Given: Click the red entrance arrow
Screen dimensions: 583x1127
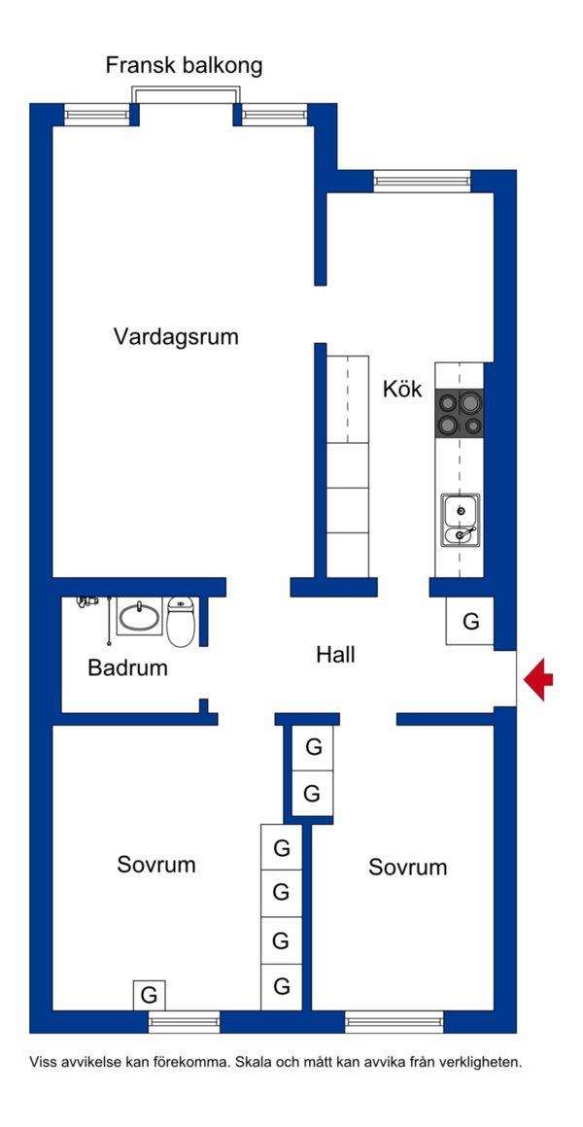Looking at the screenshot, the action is pyautogui.click(x=538, y=678).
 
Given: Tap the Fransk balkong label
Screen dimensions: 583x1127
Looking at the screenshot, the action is pyautogui.click(x=184, y=66).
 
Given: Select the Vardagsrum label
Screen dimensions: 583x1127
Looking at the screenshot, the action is pyautogui.click(x=176, y=336).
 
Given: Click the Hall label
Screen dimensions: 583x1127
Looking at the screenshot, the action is pyautogui.click(x=335, y=655).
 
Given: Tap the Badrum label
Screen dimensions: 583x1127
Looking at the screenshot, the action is pyautogui.click(x=128, y=667).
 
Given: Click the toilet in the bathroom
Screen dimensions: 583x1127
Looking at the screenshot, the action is pyautogui.click(x=181, y=620).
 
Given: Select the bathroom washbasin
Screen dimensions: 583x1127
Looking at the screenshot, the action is pyautogui.click(x=140, y=617).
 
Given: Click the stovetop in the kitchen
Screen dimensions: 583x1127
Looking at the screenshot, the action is pyautogui.click(x=459, y=413).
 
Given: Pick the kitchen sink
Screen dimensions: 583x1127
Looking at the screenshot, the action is pyautogui.click(x=461, y=521).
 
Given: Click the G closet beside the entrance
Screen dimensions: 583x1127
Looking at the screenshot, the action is pyautogui.click(x=470, y=621).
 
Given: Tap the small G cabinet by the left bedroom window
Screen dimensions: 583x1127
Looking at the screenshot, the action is pyautogui.click(x=149, y=996).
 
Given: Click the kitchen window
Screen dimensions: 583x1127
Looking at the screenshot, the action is pyautogui.click(x=422, y=181).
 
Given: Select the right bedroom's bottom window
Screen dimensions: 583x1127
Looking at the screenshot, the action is pyautogui.click(x=394, y=1021).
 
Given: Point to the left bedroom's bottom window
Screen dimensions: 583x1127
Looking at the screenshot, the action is pyautogui.click(x=184, y=1021).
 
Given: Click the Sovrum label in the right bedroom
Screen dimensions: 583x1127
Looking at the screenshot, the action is pyautogui.click(x=407, y=867).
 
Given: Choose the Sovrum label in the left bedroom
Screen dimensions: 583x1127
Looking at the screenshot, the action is pyautogui.click(x=156, y=864).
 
